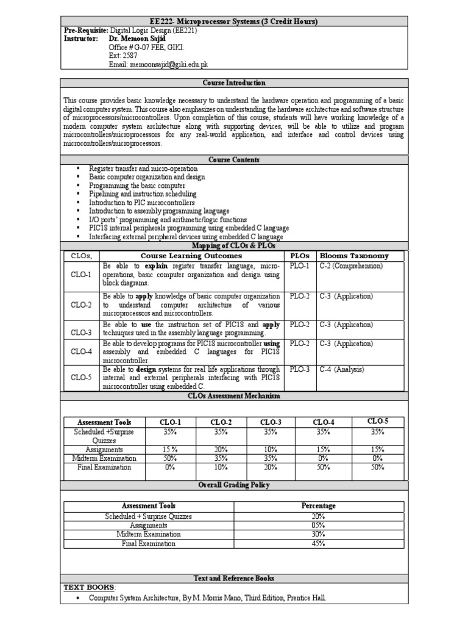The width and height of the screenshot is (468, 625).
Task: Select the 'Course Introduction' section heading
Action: click(x=233, y=82)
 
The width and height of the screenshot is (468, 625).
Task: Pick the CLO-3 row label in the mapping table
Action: click(x=80, y=333)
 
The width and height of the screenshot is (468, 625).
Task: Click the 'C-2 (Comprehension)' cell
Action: click(x=351, y=266)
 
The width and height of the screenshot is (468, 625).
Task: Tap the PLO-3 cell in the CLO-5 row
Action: click(x=299, y=369)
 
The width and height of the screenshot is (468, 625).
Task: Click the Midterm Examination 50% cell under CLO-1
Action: click(x=170, y=458)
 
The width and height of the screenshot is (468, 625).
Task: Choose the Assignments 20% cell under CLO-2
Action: click(x=221, y=449)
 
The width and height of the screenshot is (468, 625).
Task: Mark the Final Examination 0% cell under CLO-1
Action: click(x=170, y=467)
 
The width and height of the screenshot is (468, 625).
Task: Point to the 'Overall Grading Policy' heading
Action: click(x=233, y=485)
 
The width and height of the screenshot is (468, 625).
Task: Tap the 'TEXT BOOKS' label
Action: click(x=88, y=587)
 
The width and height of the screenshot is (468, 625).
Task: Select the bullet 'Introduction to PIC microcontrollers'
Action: click(x=142, y=202)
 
